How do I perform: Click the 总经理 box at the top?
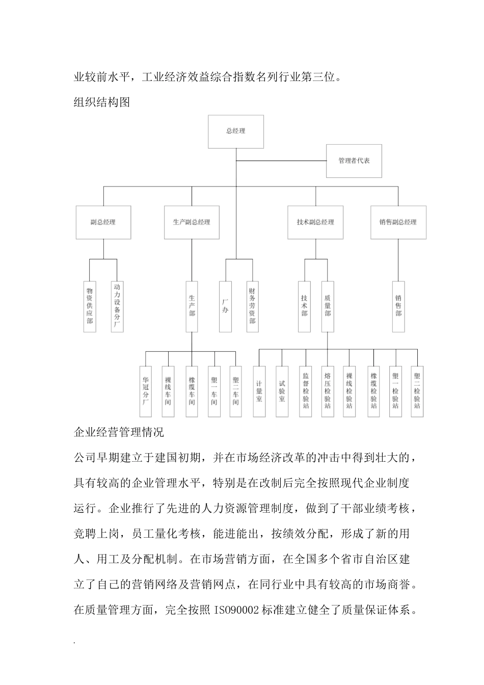(x=236, y=131)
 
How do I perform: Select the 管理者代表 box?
(x=354, y=161)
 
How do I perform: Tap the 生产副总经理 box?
(x=192, y=222)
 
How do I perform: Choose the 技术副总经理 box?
(x=315, y=222)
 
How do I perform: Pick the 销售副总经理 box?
(x=398, y=222)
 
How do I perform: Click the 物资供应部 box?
(x=90, y=306)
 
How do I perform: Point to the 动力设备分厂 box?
(x=117, y=306)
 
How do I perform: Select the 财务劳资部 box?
(x=252, y=306)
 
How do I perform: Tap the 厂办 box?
(x=225, y=306)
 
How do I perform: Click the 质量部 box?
(x=328, y=306)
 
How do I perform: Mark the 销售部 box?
(x=398, y=306)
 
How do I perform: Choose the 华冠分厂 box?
(x=146, y=391)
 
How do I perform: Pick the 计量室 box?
(x=259, y=391)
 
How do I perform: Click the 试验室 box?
(x=282, y=391)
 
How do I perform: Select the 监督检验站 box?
(x=306, y=391)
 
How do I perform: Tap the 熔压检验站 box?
(x=328, y=391)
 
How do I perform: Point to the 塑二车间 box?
(x=235, y=391)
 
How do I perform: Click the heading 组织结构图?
(x=102, y=102)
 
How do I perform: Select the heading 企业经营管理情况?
(x=119, y=433)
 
